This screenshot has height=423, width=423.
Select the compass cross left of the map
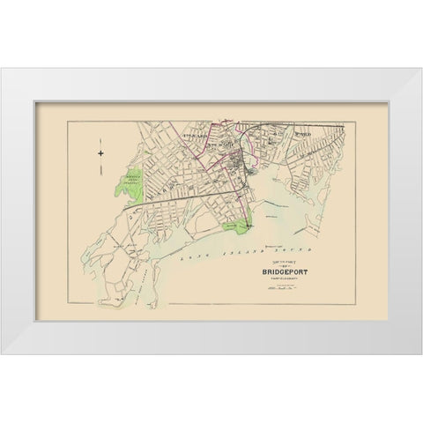pyautogui.click(x=101, y=154)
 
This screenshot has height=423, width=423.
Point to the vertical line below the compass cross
pyautogui.click(x=101, y=176)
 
